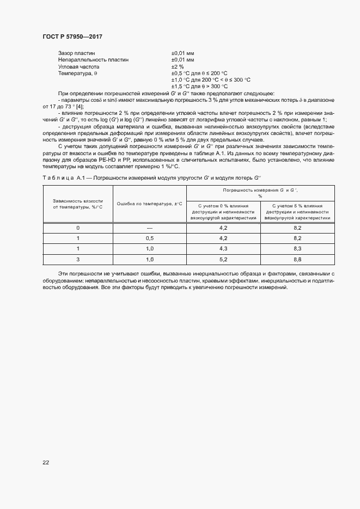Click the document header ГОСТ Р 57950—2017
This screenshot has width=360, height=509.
point(72,36)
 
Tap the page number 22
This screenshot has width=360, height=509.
point(46,462)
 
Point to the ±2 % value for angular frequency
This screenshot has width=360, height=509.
point(178,66)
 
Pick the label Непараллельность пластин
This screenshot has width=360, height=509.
point(93,59)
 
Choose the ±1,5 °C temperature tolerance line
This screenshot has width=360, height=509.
point(199,86)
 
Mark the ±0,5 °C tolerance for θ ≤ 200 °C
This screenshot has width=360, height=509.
point(199,73)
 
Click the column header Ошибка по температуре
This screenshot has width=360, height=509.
point(149,204)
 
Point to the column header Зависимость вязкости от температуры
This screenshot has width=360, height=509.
point(78,204)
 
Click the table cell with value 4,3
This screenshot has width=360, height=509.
point(223,249)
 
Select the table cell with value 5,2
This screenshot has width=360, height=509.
point(223,260)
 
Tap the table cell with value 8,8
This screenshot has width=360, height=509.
point(298,260)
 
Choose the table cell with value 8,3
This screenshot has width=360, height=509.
point(298,249)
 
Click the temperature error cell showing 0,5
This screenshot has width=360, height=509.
point(150,238)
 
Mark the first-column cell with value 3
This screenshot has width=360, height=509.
point(78,260)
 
